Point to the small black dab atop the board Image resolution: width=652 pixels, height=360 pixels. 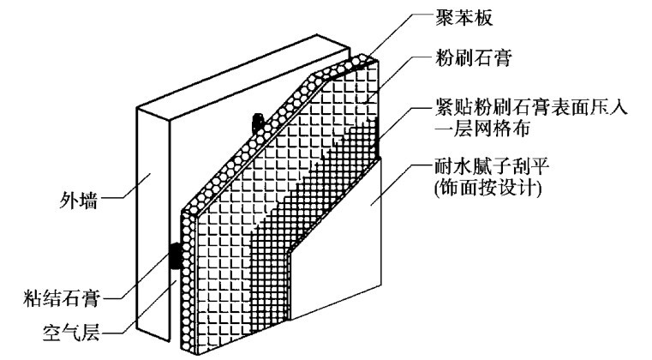[254, 123]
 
